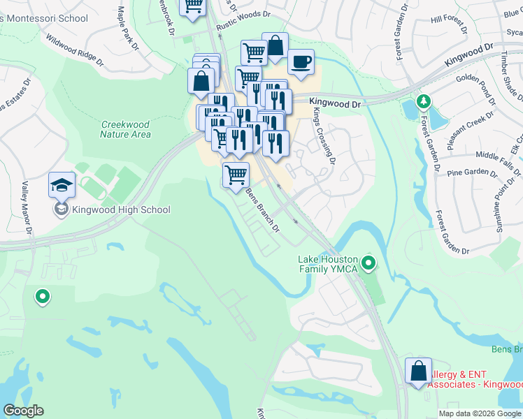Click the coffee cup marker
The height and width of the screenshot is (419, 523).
301,62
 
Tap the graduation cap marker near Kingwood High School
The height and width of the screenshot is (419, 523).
62,186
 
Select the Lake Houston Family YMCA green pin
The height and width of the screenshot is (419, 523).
369,263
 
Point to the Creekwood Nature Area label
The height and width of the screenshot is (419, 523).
125,129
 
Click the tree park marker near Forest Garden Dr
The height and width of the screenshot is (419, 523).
422,102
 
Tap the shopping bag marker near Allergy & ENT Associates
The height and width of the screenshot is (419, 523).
418,372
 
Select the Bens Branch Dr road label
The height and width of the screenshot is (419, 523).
263,210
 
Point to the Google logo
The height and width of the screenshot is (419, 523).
23,411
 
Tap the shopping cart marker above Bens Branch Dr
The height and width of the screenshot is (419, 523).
236,175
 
